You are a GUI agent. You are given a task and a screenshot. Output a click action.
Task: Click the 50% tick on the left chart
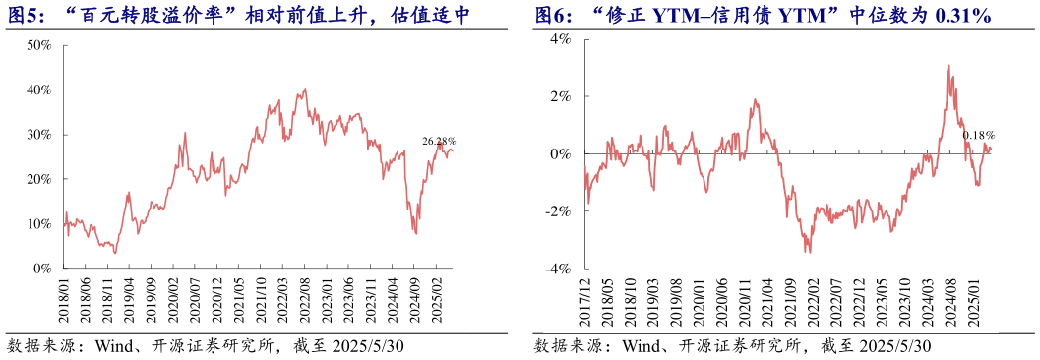pyautogui.click(x=39, y=45)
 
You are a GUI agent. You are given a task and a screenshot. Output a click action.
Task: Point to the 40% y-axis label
pyautogui.click(x=39, y=90)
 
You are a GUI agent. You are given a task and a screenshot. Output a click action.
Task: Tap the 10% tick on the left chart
pyautogui.click(x=39, y=223)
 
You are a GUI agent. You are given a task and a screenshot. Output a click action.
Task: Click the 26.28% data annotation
pyautogui.click(x=439, y=141)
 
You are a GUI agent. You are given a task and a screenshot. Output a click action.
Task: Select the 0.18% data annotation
pyautogui.click(x=978, y=135)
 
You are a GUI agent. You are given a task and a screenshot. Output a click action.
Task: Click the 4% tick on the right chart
pyautogui.click(x=563, y=39)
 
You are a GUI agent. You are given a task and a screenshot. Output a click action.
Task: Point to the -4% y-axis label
pyautogui.click(x=561, y=269)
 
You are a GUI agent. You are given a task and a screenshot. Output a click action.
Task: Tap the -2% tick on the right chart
pyautogui.click(x=561, y=211)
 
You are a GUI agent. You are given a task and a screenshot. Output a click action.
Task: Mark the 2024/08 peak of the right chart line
pyautogui.click(x=948, y=67)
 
